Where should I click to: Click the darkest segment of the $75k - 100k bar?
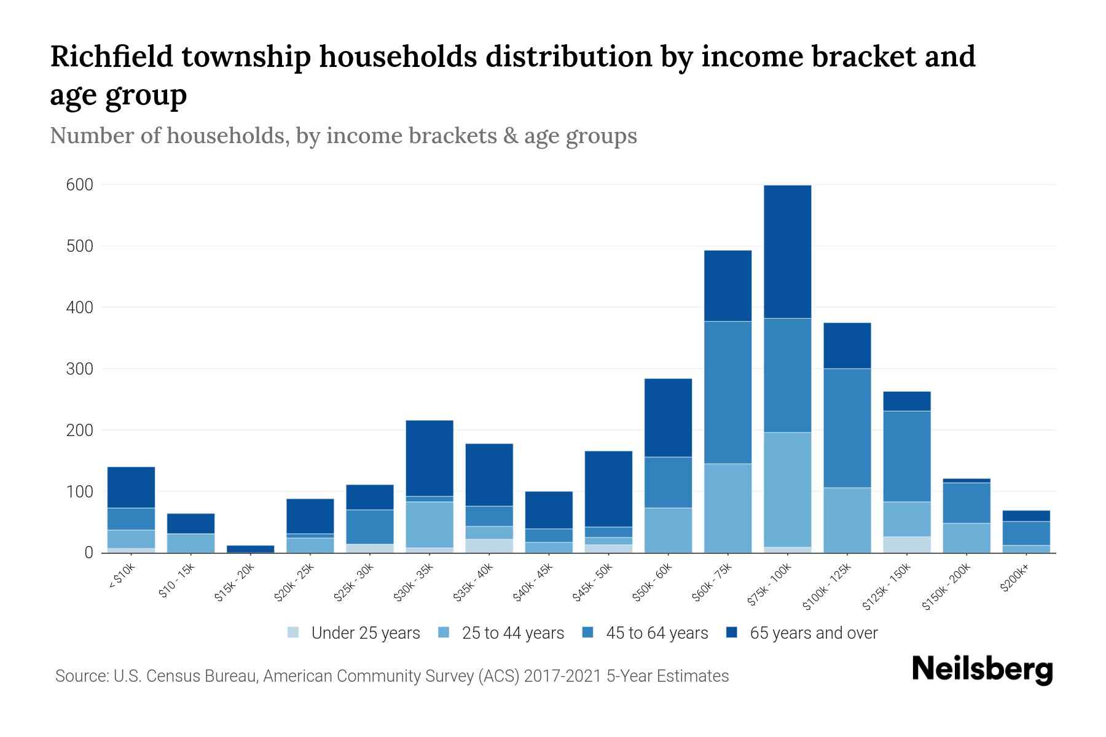(787, 252)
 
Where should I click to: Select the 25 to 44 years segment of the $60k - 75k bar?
(728, 508)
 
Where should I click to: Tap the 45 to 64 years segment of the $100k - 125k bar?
(847, 428)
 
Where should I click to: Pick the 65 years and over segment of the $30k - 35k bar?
(429, 458)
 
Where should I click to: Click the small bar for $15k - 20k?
(250, 548)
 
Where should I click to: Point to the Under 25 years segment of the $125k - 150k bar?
(906, 545)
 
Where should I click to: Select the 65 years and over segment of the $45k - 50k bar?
(608, 489)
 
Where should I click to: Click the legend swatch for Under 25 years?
(293, 632)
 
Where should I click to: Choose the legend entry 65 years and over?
(814, 633)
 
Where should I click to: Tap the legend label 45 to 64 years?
(657, 633)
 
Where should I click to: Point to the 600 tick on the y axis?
(79, 185)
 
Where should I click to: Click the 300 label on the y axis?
(79, 369)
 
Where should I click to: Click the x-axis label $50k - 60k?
(653, 583)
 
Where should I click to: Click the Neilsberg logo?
(982, 669)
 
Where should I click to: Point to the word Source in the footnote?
(80, 676)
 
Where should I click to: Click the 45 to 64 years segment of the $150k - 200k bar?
(966, 502)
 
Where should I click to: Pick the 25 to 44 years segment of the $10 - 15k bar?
(190, 543)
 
